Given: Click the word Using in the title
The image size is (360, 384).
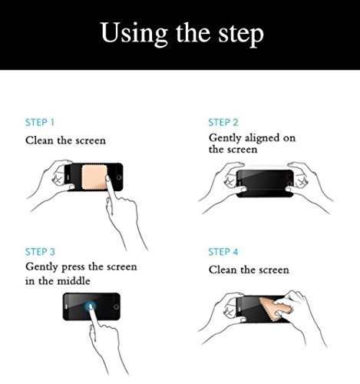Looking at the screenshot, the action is tap(134, 34).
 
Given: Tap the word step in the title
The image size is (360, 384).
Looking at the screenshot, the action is tap(241, 35).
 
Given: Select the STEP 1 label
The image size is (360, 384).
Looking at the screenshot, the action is tap(40, 122).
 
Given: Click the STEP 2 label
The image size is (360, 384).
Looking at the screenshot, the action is tap(223, 122).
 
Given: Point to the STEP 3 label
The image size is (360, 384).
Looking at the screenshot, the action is tap(40, 252).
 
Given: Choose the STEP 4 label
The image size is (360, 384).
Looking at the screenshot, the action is tap(223, 252).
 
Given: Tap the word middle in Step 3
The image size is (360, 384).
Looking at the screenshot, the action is tap(74, 281).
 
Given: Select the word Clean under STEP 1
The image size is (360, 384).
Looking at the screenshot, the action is tap(39, 141).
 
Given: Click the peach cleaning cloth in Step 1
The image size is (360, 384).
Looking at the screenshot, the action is tap(94, 177).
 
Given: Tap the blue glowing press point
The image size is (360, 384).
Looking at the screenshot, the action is tap(90, 306).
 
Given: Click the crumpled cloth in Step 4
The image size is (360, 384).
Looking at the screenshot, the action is tap(275, 310).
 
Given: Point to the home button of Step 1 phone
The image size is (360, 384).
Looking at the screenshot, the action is tap(119, 177).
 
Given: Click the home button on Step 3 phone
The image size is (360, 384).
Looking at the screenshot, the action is tap(116, 306).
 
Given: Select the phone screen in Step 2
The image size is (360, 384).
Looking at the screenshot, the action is tap(265, 184).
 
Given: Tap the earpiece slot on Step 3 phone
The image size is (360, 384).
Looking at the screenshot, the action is tap(67, 306).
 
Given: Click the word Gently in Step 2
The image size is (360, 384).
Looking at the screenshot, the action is tap(225, 138).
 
